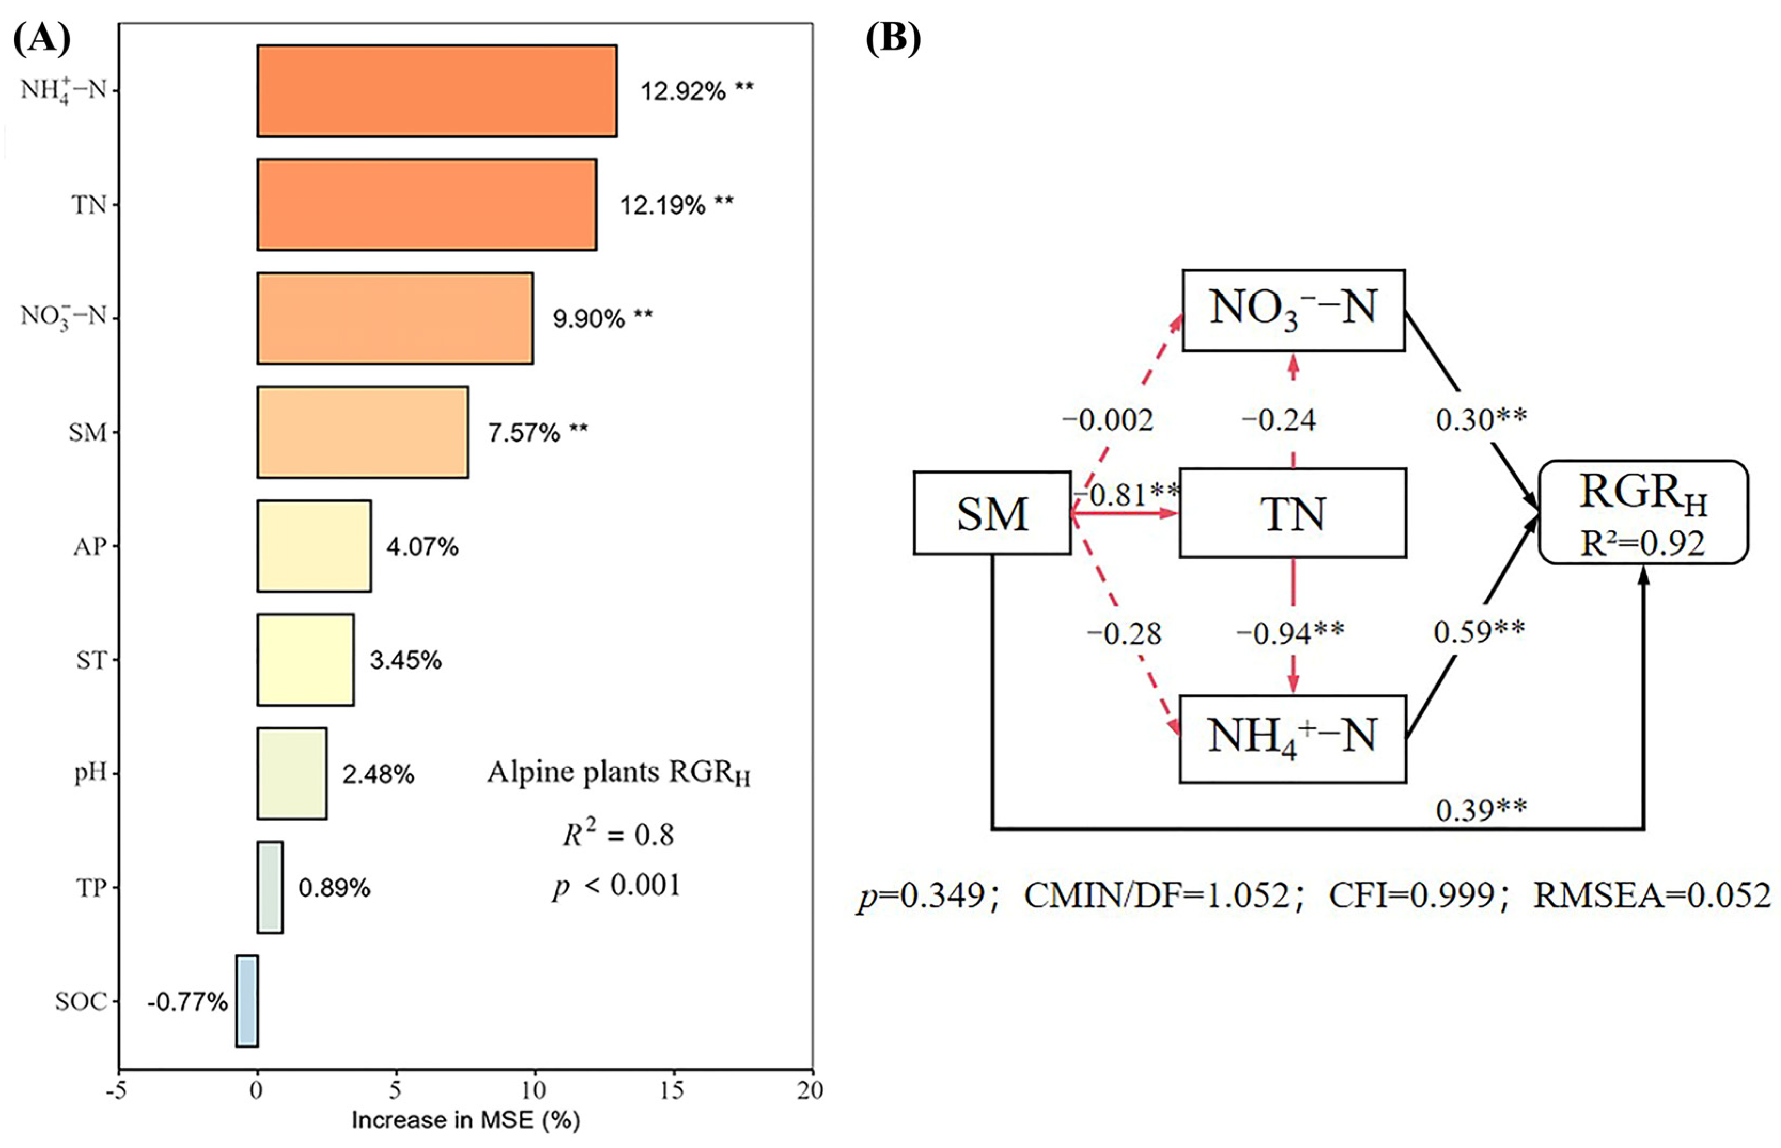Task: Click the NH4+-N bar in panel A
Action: point(437,91)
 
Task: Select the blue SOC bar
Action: point(247,1001)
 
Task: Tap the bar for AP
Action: point(314,546)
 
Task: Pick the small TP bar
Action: point(270,887)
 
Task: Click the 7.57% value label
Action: point(537,433)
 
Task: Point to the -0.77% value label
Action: point(187,1002)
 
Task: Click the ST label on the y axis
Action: point(91,660)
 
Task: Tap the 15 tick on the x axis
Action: point(672,1090)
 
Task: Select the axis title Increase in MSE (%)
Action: point(465,1120)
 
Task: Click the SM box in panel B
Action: point(992,513)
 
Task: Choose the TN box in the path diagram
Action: point(1292,513)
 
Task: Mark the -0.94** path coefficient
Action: point(1290,633)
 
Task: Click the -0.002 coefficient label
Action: point(1107,420)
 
